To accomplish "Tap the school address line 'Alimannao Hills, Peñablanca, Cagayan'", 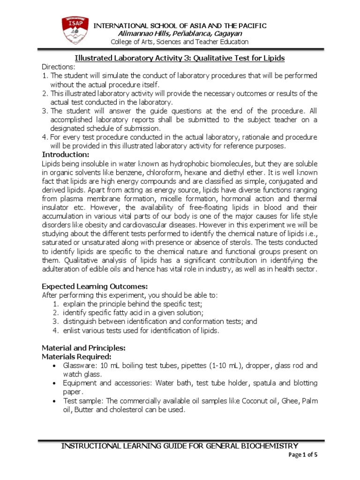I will (x=180, y=33).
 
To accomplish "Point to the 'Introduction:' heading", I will (x=65, y=155).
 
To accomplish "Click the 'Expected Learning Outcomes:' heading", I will (x=89, y=286).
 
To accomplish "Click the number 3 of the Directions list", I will (x=45, y=111).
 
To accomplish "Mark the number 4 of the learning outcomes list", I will (x=55, y=330).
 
